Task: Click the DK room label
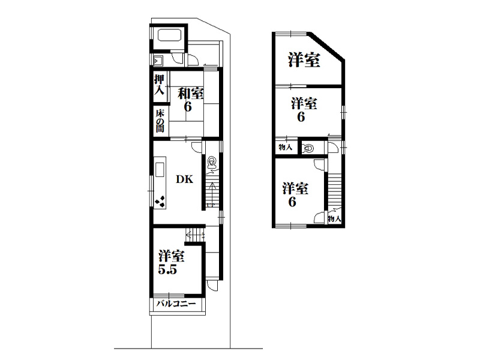point(185,179)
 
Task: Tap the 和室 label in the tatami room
point(191,94)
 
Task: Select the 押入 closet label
point(159,84)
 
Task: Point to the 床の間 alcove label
point(160,121)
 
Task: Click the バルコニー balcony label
point(176,304)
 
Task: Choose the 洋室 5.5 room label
point(171,262)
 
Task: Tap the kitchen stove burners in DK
point(160,202)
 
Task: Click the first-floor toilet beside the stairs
point(212,163)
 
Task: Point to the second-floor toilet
point(308,149)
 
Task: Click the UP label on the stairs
point(211,205)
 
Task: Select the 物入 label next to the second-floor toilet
point(286,147)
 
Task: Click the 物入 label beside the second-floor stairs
point(334,219)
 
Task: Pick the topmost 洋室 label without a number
point(304,60)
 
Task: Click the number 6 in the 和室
point(188,107)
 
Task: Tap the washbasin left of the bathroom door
point(157,61)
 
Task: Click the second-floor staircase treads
point(335,192)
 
